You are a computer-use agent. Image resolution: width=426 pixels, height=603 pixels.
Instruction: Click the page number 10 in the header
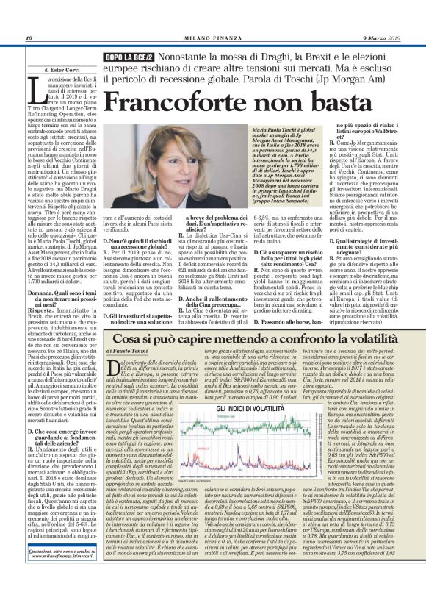click(29, 38)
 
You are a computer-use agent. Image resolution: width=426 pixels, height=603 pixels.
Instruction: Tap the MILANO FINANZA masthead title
click(212, 38)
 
